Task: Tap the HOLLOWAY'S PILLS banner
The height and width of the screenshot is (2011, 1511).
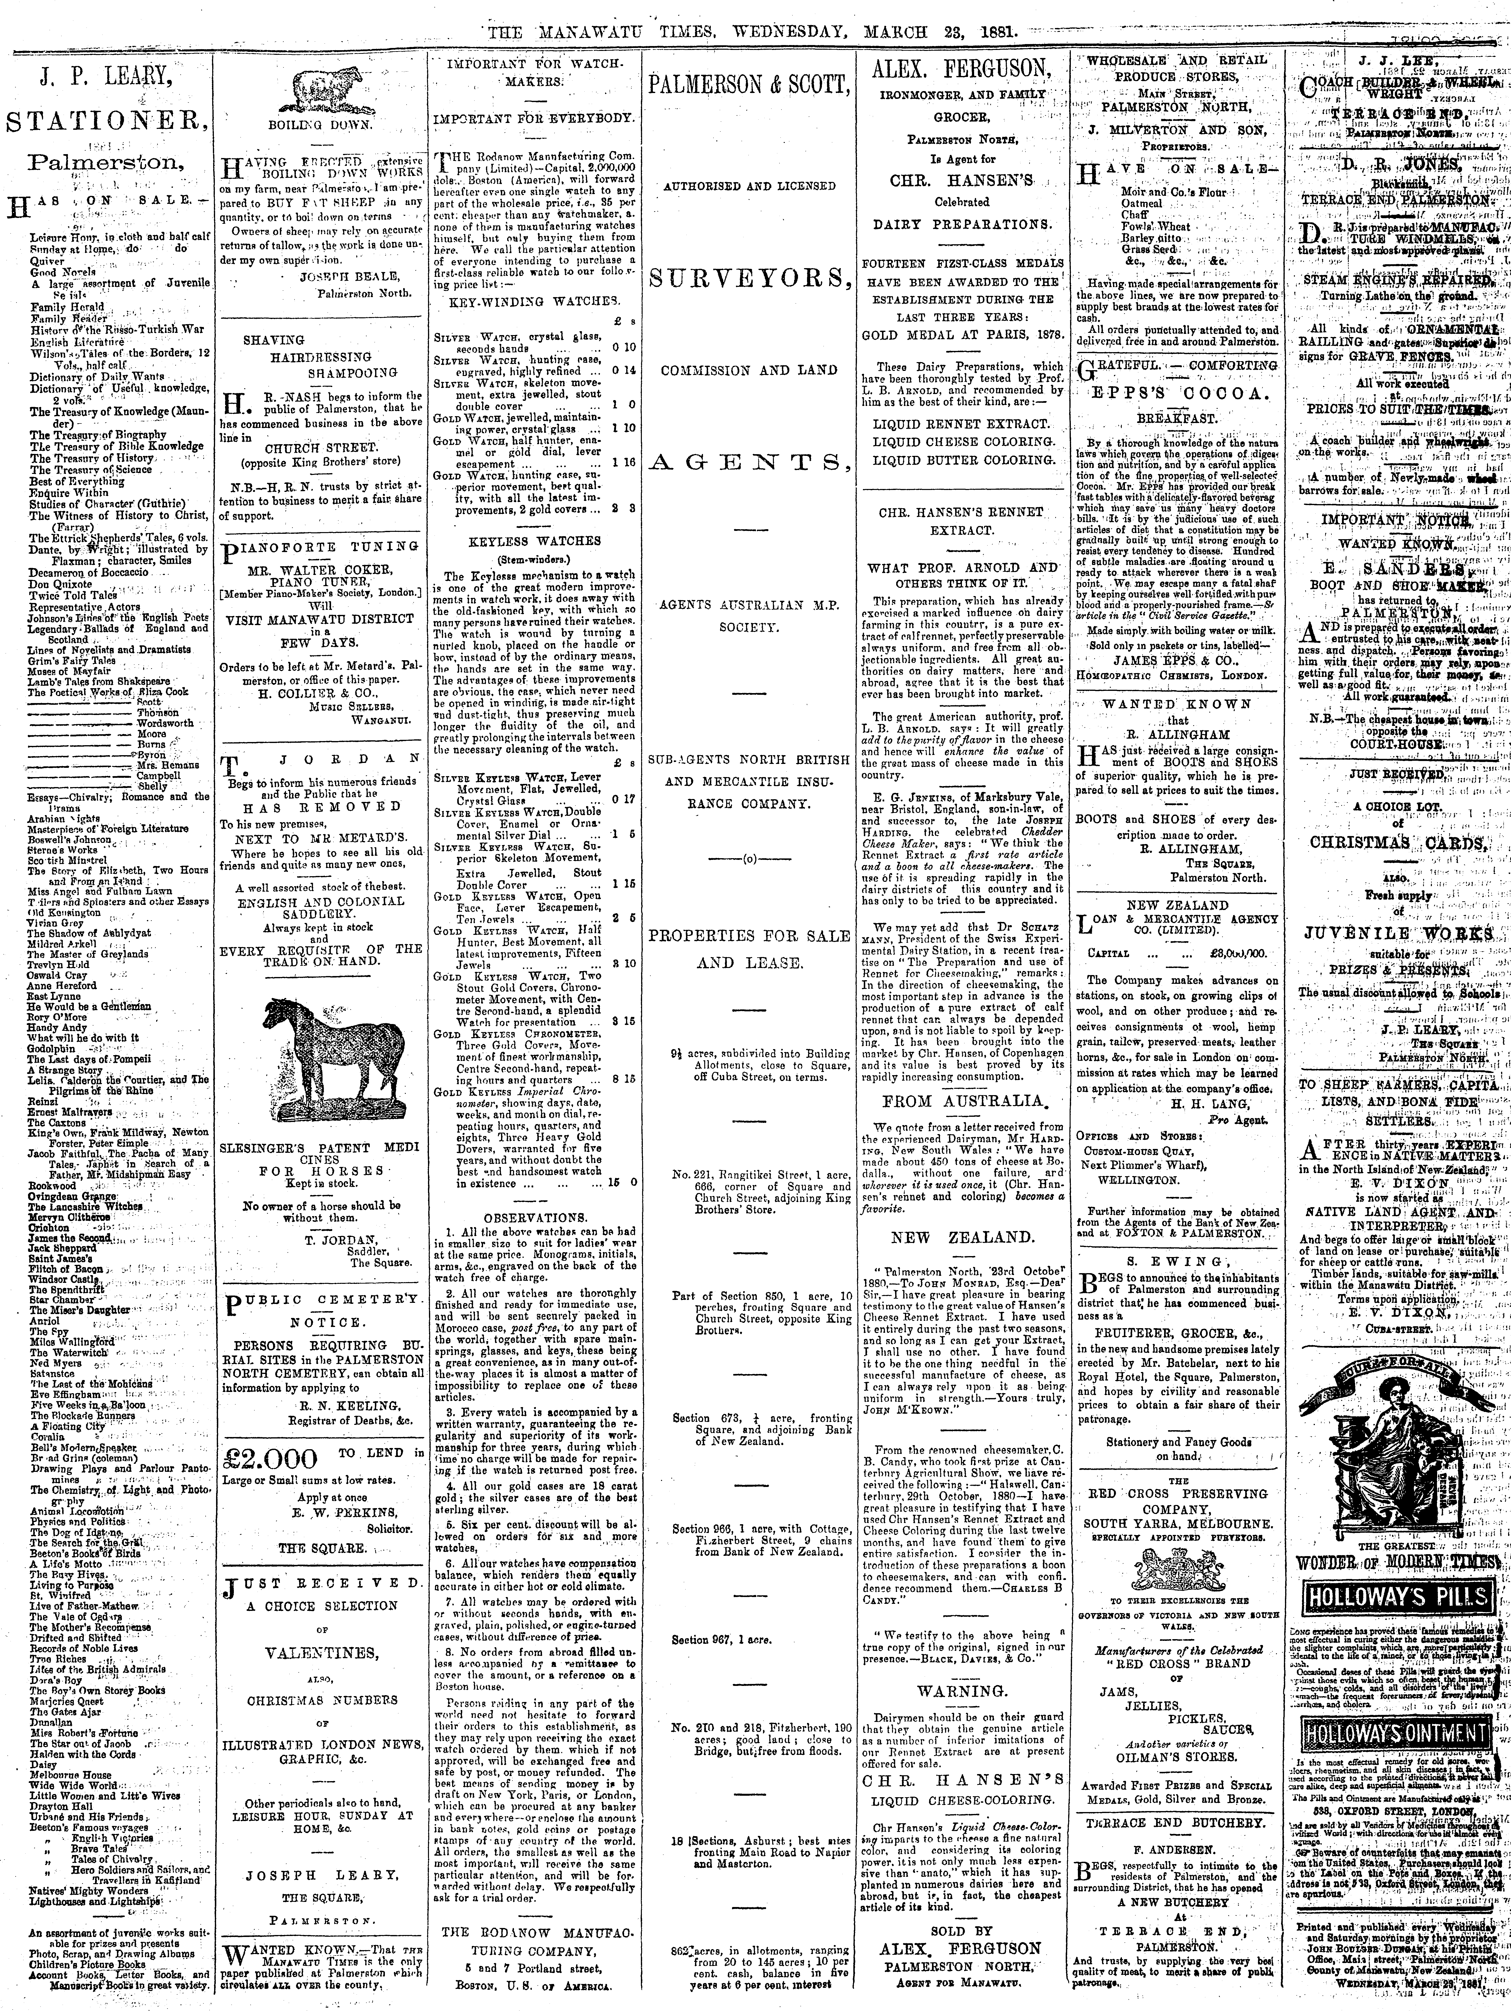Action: [x=1397, y=1623]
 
